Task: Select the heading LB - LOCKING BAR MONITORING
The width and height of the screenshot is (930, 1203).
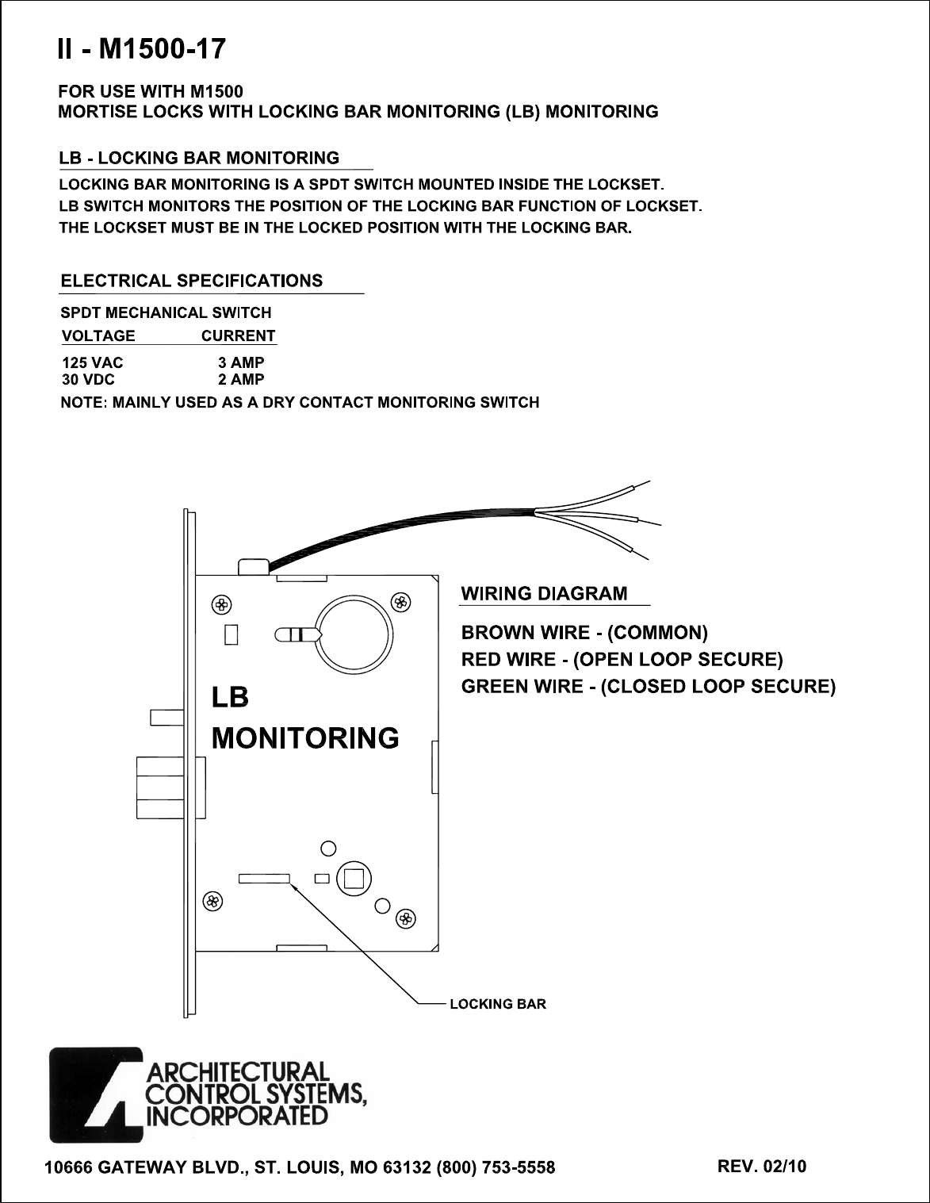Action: [x=199, y=159]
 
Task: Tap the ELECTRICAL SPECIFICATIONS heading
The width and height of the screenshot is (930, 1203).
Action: [x=192, y=281]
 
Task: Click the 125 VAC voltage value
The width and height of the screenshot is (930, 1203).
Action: [x=92, y=363]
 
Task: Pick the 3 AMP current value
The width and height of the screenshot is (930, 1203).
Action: [x=241, y=363]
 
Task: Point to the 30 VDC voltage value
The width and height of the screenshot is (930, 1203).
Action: [x=88, y=380]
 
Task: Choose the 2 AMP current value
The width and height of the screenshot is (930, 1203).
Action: [x=241, y=380]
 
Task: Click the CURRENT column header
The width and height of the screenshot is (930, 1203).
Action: [x=238, y=335]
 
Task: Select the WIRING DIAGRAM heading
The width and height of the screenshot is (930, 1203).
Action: [x=545, y=594]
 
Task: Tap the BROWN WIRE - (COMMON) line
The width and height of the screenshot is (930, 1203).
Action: [x=584, y=633]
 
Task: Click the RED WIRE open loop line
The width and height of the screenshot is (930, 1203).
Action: [x=622, y=660]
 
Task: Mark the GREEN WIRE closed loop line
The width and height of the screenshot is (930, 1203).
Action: [x=649, y=686]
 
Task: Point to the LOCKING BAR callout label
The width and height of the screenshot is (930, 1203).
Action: [x=498, y=1004]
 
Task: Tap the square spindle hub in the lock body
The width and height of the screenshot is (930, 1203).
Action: [x=353, y=879]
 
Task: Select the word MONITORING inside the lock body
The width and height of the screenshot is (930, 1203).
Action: [x=305, y=738]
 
